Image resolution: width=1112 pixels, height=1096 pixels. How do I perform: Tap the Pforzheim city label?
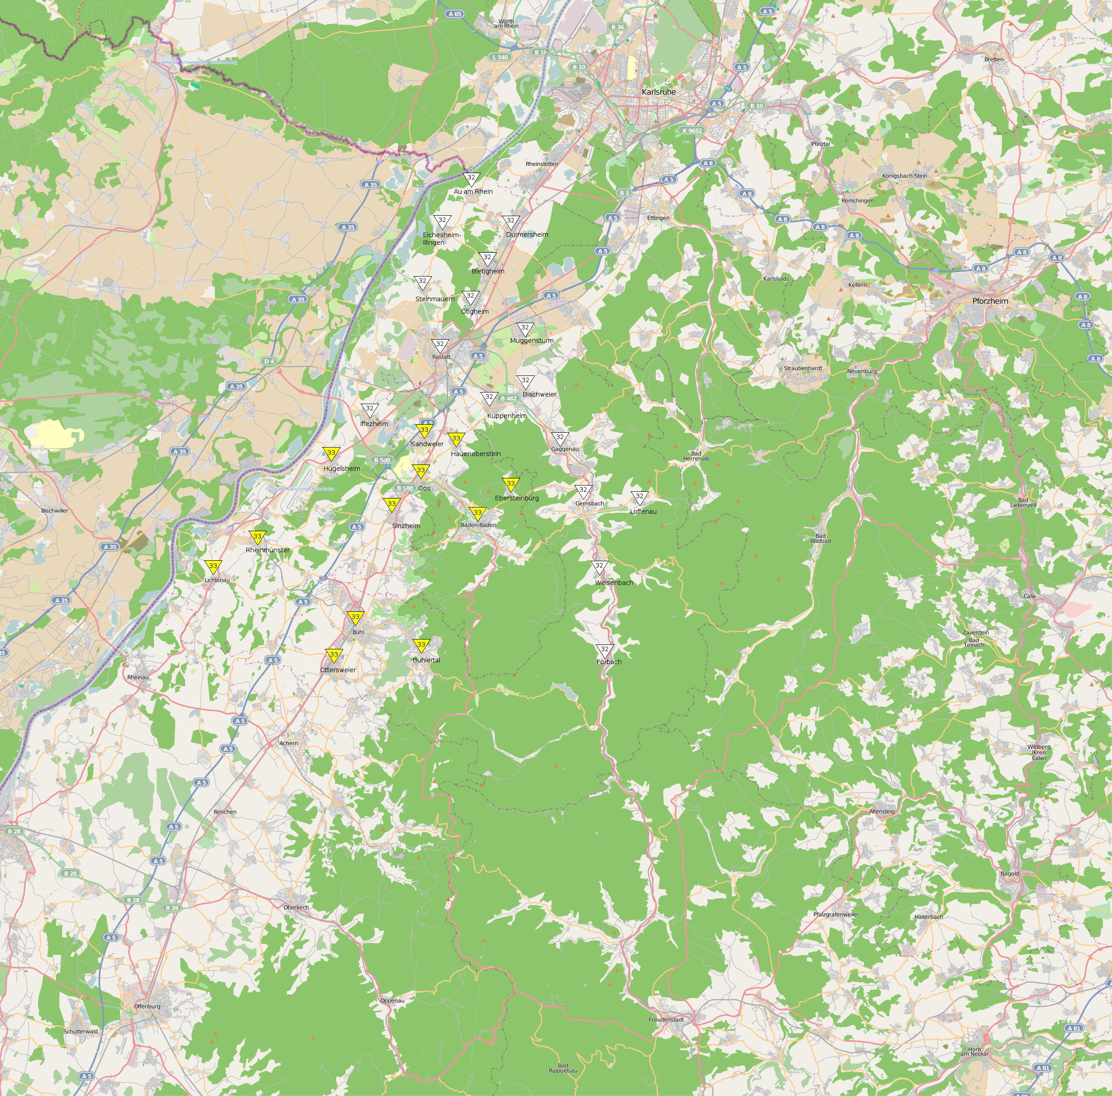click(990, 301)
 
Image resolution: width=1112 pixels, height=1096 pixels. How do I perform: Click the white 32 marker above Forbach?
click(604, 650)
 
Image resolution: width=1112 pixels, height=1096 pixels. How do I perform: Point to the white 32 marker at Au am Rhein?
click(471, 179)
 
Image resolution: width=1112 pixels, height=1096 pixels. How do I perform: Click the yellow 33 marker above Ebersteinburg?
click(510, 484)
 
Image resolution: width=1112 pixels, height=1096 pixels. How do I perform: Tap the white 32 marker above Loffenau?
click(639, 497)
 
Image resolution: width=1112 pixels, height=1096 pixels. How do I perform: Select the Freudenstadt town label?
click(667, 1019)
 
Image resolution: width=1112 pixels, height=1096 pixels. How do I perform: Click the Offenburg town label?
click(147, 1006)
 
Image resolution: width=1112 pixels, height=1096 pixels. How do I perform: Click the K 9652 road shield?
click(692, 131)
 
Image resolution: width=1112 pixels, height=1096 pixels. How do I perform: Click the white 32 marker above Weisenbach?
click(599, 567)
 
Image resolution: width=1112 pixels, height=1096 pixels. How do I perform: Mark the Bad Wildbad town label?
click(820, 538)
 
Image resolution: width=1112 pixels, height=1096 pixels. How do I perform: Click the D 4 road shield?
click(269, 361)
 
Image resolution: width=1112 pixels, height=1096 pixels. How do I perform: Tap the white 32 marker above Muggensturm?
click(524, 328)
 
